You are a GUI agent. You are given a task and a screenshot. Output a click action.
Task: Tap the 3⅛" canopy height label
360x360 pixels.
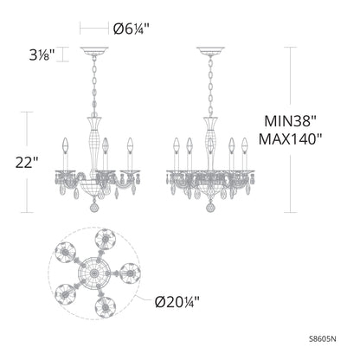[x=41, y=55]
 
